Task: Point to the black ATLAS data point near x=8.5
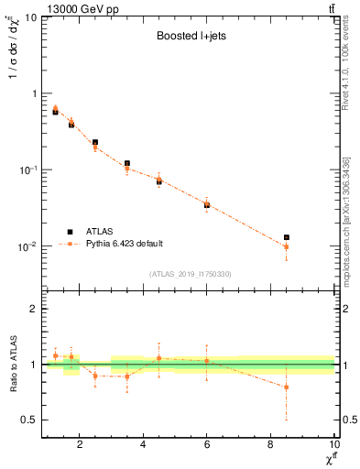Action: pos(287,237)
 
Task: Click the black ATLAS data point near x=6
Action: pos(207,205)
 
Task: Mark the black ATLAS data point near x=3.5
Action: pos(127,163)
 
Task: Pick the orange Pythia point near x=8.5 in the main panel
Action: pos(287,247)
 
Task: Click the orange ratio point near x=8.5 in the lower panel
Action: pos(287,387)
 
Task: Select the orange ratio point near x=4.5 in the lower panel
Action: pos(159,358)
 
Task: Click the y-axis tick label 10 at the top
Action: pos(30,17)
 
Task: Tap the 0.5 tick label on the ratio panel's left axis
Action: pos(29,420)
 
